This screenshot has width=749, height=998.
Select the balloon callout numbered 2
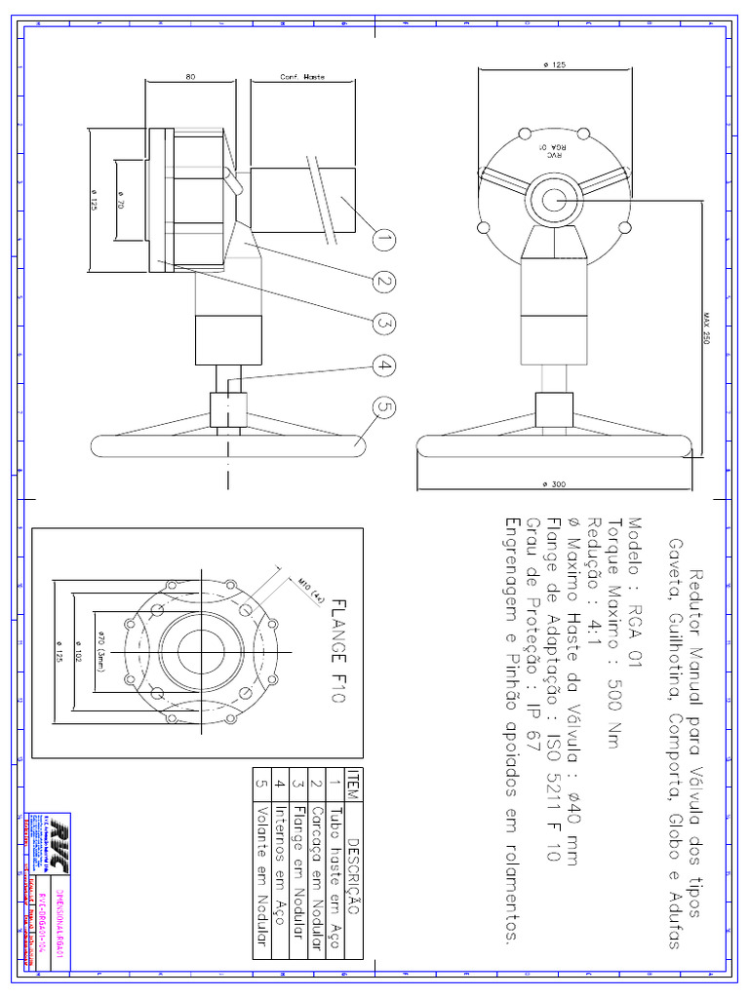click(383, 282)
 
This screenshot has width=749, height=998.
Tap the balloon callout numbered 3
click(383, 324)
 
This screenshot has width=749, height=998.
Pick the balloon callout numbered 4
click(383, 366)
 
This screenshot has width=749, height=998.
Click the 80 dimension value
click(189, 76)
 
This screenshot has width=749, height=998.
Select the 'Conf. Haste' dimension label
click(302, 76)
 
